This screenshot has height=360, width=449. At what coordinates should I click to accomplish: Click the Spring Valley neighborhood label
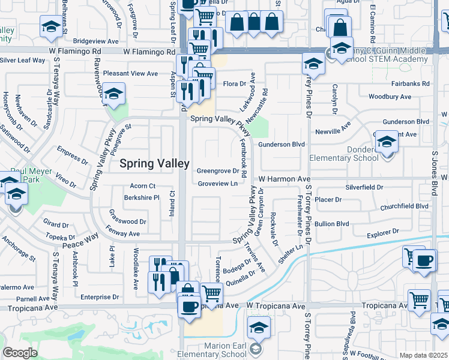155,163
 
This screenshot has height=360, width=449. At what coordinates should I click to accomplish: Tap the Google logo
20,353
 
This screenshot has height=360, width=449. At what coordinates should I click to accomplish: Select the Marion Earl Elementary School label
216,350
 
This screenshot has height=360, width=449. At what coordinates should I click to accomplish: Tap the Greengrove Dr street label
218,171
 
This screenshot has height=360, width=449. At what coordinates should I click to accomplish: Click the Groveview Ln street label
217,184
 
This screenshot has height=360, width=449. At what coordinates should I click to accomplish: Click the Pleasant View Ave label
130,73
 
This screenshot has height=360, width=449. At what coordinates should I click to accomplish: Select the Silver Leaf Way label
23,60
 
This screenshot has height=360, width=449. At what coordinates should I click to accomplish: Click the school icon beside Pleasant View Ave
113,94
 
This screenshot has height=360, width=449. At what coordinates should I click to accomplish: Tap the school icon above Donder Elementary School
387,142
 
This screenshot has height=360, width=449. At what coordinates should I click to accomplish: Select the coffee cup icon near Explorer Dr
425,260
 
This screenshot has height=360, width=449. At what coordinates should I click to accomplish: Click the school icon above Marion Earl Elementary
259,327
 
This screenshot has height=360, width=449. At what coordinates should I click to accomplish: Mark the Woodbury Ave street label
390,97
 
